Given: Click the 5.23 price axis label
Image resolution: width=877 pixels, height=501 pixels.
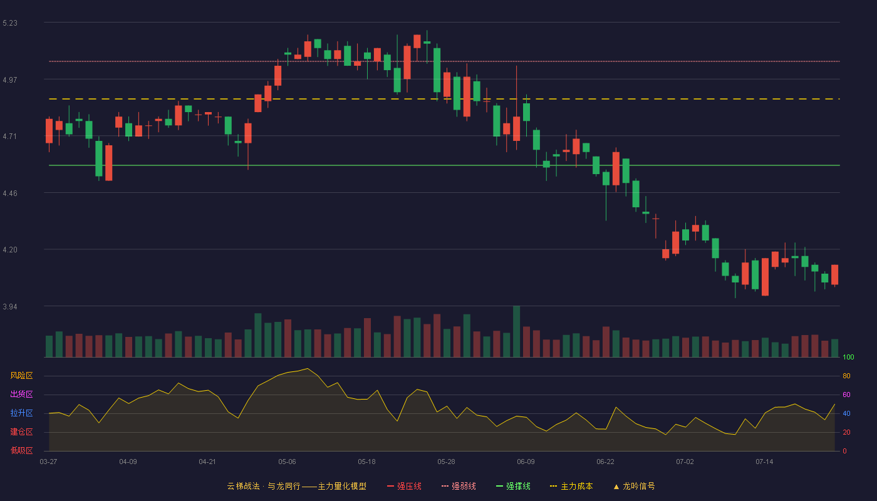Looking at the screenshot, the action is point(10,23).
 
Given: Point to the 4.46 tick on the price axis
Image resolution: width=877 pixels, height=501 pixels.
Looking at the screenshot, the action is point(10,194).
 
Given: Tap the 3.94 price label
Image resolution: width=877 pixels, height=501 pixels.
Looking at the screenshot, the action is point(10,306).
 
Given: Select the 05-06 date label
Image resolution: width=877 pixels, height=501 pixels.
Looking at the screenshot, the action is point(287,462).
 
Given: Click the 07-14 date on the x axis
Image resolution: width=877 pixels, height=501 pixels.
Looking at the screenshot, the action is point(764,462).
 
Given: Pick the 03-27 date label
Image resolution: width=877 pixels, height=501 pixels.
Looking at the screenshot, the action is point(49,462).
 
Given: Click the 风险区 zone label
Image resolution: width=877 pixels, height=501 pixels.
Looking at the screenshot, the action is point(21,376).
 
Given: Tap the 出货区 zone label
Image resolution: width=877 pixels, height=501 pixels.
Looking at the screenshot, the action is point(21,394).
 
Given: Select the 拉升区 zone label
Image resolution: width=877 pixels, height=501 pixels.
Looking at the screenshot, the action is point(21,413).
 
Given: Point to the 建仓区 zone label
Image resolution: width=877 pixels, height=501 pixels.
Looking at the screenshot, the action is point(21,431).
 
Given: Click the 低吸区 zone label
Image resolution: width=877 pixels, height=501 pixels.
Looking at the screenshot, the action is point(21,450).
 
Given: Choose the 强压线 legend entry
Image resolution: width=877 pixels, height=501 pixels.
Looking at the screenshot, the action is point(404,486).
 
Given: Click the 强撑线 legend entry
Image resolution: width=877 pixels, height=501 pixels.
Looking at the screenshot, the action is point(513,486).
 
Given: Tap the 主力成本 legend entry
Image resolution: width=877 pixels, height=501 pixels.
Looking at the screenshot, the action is point(571,486).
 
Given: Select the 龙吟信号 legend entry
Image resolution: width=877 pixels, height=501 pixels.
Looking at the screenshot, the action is point(634,486).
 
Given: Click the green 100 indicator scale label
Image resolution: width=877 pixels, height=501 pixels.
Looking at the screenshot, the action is point(848,357).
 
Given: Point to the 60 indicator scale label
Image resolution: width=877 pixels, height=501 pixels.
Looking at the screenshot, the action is point(846,395).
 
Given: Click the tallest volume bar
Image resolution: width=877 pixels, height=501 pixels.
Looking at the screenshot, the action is point(516,331).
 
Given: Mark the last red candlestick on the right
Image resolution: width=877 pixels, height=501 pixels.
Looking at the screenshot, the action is point(834,275).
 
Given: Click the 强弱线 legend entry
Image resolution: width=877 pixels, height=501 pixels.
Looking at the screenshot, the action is point(459,486).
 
